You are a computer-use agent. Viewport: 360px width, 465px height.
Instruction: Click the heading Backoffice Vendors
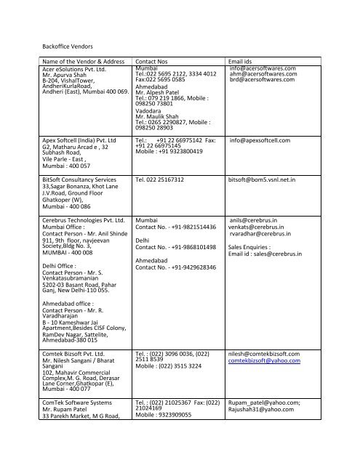53,45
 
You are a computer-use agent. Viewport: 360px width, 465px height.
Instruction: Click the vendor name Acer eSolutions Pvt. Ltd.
70,69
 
